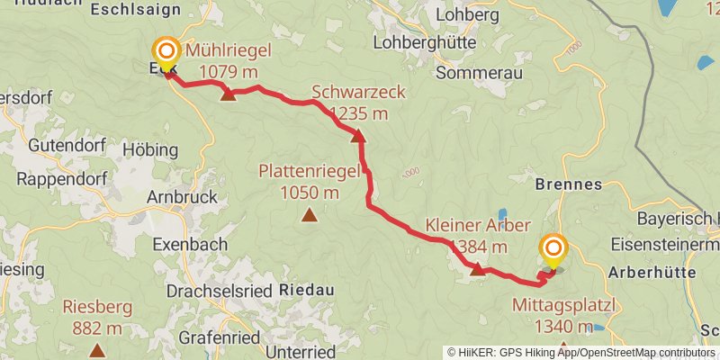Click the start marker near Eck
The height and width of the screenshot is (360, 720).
[x=166, y=51]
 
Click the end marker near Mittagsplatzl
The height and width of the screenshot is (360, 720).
[x=553, y=248]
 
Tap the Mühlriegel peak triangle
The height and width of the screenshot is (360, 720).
[x=229, y=94]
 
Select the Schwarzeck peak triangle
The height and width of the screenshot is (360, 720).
[x=358, y=136]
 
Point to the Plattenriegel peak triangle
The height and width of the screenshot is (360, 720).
[x=310, y=214]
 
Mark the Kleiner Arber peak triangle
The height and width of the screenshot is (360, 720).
[x=477, y=267]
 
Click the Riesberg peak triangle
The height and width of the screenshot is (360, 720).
[x=97, y=348]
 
